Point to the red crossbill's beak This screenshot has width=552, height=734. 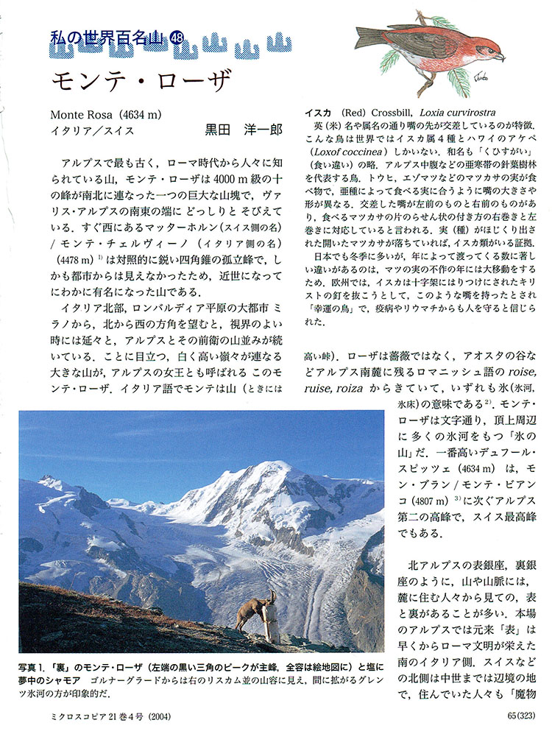pyautogui.click(x=500, y=56)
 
